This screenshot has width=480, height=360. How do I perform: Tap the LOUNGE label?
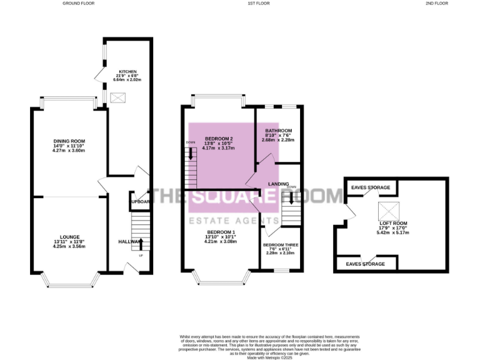pos(69,237)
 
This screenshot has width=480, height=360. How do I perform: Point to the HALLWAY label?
pos(128,241)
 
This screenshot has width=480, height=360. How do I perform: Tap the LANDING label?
pos(277,184)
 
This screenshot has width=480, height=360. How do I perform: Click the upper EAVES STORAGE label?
pos(370,187)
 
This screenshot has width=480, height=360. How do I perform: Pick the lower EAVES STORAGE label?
pos(366,264)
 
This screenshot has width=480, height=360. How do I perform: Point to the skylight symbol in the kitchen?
pos(117,98)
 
